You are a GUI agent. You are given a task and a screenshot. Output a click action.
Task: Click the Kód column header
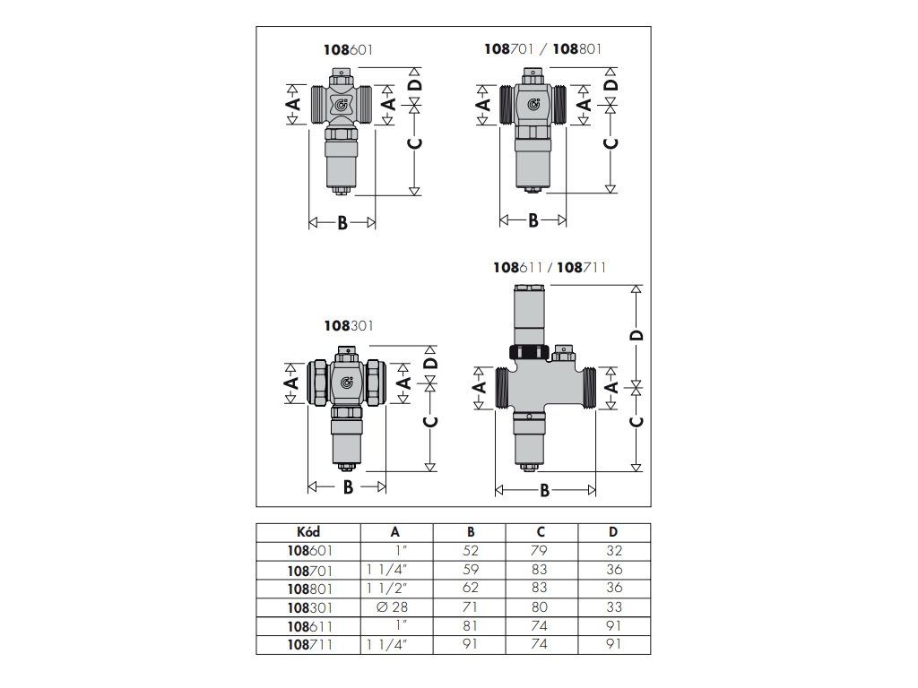click(x=307, y=531)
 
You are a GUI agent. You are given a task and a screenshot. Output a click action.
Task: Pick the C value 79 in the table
click(x=541, y=550)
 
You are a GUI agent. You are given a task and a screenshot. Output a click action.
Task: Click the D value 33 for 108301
click(x=614, y=606)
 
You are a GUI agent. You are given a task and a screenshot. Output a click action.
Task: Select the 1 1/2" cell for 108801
click(x=388, y=588)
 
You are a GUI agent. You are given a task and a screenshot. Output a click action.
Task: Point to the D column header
click(x=614, y=531)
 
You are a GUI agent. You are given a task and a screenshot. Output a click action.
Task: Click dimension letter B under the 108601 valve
click(x=342, y=223)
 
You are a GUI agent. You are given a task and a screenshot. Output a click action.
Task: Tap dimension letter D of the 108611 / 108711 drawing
click(x=637, y=335)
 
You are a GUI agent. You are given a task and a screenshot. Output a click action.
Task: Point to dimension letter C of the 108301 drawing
click(x=430, y=423)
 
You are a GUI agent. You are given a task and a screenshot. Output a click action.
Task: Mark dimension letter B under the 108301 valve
click(x=347, y=487)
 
